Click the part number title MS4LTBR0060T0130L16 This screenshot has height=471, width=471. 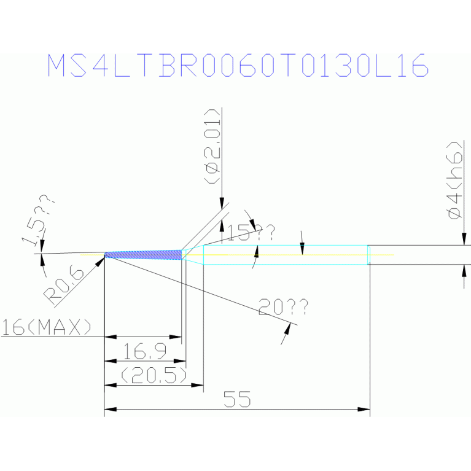tap(238, 66)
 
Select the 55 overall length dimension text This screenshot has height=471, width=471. tap(237, 399)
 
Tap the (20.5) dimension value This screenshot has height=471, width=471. tap(154, 375)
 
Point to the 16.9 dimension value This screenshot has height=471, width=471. tap(145, 351)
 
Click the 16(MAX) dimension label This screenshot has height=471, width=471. tap(46, 327)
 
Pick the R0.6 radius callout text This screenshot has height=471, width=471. tap(64, 286)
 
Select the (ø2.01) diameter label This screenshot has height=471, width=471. tap(212, 146)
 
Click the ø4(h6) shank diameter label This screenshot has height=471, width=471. tap(454, 180)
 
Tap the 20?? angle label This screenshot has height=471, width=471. tap(283, 306)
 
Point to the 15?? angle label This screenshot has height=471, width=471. tap(251, 233)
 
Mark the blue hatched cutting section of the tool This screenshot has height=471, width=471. tap(143, 255)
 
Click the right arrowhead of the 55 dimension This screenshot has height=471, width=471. tap(364, 409)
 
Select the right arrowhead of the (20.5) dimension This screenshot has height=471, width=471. tap(197, 385)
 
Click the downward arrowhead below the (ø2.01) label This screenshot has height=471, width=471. tap(222, 203)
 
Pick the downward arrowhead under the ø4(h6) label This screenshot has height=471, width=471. tap(464, 239)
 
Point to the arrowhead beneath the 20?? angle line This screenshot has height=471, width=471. tap(288, 329)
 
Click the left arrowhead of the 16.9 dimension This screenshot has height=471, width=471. tap(111, 360)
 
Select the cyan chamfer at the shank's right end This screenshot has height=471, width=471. tap(369, 255)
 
